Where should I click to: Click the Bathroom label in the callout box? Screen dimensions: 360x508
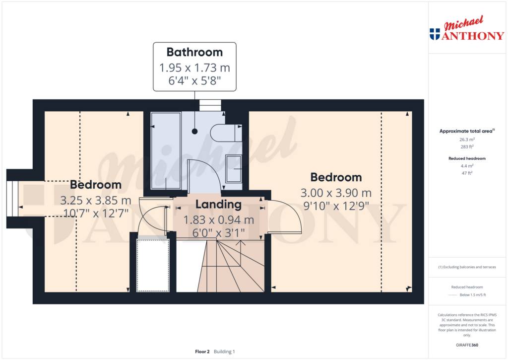(x=194, y=52)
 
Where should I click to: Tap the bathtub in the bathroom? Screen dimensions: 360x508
(x=166, y=150)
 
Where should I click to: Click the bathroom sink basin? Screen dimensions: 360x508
(x=233, y=168)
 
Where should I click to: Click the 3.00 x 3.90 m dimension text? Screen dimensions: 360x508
(x=336, y=193)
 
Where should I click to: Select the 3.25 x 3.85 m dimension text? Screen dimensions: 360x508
(x=96, y=201)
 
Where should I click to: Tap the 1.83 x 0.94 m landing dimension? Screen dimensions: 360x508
(x=219, y=219)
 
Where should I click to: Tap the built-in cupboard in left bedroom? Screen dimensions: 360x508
(x=153, y=265)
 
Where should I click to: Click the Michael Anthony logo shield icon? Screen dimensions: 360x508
(x=435, y=34)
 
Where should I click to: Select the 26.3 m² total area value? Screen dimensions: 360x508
(x=466, y=140)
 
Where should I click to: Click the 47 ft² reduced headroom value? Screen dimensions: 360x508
(x=466, y=173)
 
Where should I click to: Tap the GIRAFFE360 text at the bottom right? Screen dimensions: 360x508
(x=467, y=345)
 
